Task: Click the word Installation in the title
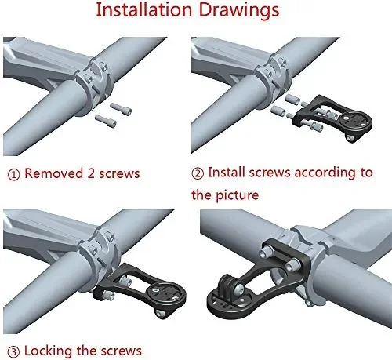click(x=144, y=10)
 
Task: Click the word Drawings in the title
click(x=239, y=11)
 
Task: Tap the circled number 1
click(x=13, y=174)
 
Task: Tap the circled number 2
click(x=198, y=173)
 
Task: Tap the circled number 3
click(x=13, y=352)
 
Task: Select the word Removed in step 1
click(x=53, y=173)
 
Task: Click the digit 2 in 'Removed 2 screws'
click(x=91, y=173)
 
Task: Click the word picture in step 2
click(x=237, y=195)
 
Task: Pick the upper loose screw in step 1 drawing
click(x=121, y=108)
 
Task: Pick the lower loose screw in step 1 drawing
click(x=106, y=121)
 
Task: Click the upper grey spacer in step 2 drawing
click(x=292, y=100)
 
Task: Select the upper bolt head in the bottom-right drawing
click(x=266, y=253)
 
